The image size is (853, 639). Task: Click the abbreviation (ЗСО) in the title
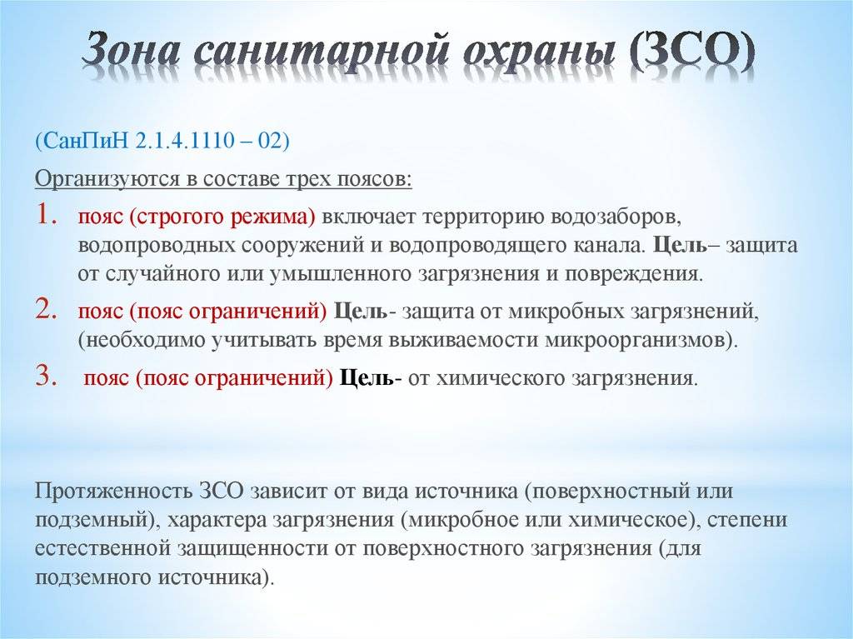tap(692, 52)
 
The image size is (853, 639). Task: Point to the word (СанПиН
tap(81, 142)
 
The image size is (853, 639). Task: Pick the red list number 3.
tap(47, 375)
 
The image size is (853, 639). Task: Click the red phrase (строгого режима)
tap(222, 217)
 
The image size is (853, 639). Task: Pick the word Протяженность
tap(113, 491)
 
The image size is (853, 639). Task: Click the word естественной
tap(103, 548)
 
